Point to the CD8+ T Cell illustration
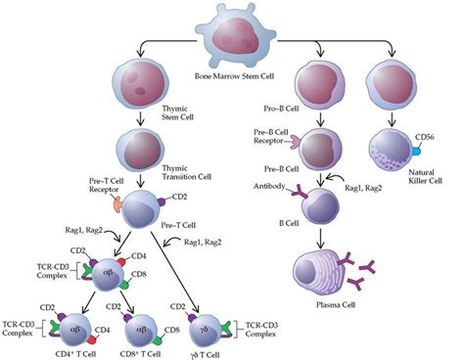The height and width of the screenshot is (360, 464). [x=143, y=323]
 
